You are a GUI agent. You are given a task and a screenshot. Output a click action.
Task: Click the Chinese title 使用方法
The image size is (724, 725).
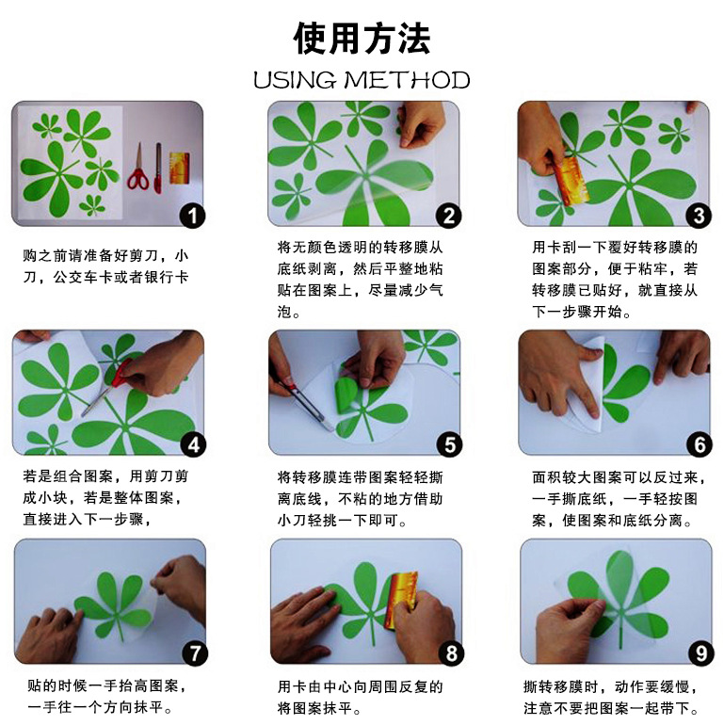(x=362, y=39)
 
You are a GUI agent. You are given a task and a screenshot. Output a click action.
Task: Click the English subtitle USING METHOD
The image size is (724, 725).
(x=362, y=80)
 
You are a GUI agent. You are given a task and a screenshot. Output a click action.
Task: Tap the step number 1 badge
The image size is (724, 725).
(x=192, y=216)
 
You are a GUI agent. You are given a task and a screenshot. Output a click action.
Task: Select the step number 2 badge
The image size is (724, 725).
(x=448, y=216)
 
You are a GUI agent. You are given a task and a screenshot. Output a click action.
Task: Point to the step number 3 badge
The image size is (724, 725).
(x=699, y=216)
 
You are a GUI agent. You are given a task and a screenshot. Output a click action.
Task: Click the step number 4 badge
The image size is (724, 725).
(x=193, y=444)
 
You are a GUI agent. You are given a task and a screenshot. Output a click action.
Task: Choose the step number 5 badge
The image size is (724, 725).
(x=449, y=444)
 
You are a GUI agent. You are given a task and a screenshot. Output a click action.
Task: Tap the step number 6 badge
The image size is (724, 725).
(x=700, y=444)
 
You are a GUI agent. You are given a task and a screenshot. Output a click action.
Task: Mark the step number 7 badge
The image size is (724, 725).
(x=195, y=653)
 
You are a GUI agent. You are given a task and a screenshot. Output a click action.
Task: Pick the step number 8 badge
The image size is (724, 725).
(x=451, y=653)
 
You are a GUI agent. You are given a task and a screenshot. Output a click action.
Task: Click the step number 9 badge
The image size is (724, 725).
(x=700, y=653)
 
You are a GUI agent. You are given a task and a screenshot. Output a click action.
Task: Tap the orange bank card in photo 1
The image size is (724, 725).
(x=180, y=168)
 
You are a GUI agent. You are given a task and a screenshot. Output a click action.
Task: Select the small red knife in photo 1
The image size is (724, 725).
(x=158, y=168)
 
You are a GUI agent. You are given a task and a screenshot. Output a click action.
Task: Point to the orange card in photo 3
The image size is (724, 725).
(x=571, y=181)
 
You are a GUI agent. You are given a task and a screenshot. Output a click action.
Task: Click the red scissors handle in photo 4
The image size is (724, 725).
(x=121, y=374)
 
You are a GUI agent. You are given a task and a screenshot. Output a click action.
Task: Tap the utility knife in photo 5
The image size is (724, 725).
(x=304, y=403)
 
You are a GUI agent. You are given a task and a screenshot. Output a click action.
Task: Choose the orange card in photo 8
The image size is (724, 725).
(x=400, y=600)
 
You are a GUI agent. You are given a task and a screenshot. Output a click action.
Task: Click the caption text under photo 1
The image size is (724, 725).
(x=105, y=266)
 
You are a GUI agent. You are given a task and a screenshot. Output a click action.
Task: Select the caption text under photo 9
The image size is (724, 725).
(x=610, y=698)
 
